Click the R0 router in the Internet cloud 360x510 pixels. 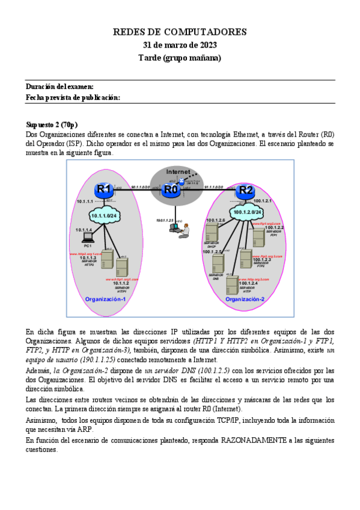(171, 191)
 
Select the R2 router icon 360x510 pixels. (245, 191)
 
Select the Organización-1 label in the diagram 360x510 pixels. (105, 299)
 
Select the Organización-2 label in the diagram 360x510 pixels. (245, 299)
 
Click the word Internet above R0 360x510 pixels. (178, 171)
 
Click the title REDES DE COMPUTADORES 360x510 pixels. (180, 32)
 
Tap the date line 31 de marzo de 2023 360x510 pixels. (180, 45)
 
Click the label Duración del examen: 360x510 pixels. (59, 87)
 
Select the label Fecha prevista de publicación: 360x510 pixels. (73, 97)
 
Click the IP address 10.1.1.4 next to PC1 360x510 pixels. (84, 230)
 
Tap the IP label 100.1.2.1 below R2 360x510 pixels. (263, 201)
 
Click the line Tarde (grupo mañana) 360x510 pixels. (180, 58)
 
